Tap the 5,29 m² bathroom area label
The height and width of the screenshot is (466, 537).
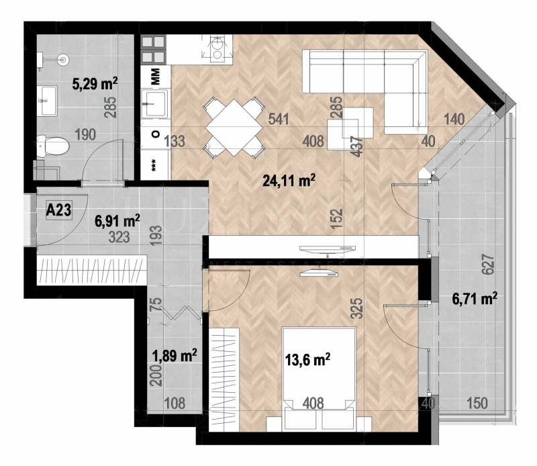coord(95,84)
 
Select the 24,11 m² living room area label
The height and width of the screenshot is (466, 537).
coord(289,179)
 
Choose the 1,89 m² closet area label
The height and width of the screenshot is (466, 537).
coord(173,355)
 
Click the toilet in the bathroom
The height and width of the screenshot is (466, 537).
coord(54,143)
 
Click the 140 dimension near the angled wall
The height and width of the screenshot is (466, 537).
coord(453,120)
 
